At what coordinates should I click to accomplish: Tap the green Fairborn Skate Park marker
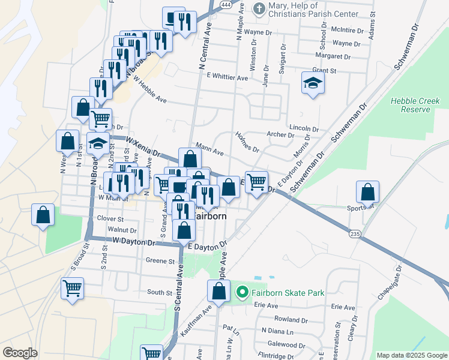pos(243,293)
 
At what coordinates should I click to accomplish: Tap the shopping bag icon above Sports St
pos(367,193)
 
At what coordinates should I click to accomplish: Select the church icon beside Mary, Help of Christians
pos(259,8)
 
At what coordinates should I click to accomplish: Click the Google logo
pos(20,353)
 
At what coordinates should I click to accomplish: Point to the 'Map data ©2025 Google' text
pos(411,355)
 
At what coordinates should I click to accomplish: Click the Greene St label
pos(160,261)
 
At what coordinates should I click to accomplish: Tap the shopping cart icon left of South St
pos(72,288)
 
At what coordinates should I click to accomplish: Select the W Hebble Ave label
pos(150,89)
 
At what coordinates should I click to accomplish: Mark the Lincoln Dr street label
pos(303,128)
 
